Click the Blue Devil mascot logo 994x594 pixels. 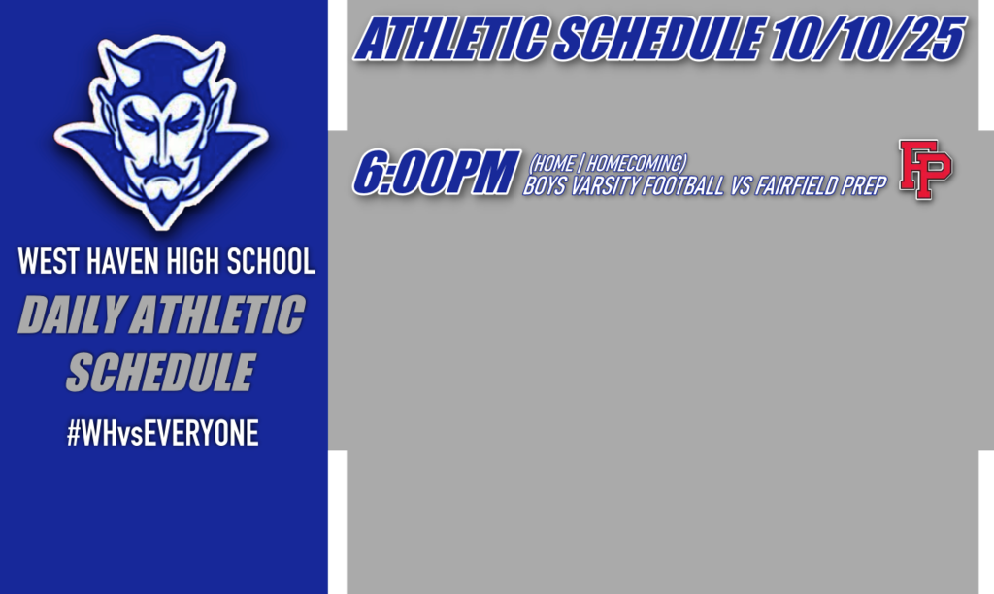click(161, 131)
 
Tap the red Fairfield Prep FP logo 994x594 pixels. click(925, 170)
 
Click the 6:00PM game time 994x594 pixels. click(432, 174)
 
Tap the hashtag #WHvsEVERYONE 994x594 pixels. click(163, 434)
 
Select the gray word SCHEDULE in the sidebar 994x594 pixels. click(160, 373)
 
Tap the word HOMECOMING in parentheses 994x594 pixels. click(636, 164)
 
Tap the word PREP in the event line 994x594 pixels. click(867, 186)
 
